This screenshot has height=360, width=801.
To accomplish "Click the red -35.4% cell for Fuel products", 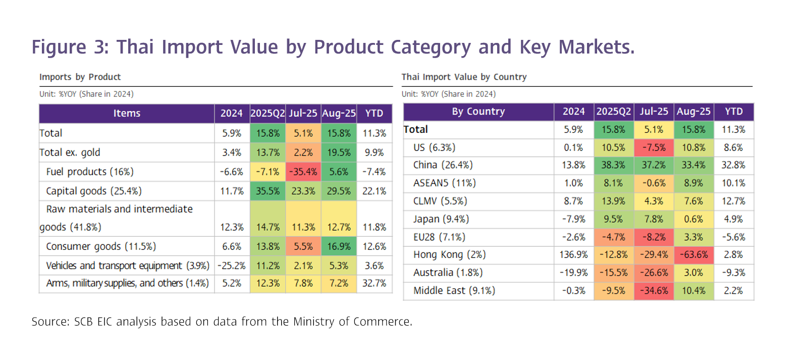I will pyautogui.click(x=303, y=172).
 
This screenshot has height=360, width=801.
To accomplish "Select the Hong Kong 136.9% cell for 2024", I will pyautogui.click(x=574, y=255).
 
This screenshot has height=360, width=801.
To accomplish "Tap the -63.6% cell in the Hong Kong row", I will pyautogui.click(x=693, y=255).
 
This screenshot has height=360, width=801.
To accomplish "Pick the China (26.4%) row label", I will pyautogui.click(x=443, y=165).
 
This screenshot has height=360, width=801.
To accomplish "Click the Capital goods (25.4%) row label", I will pyautogui.click(x=94, y=191).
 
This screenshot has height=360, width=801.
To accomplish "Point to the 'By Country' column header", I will pyautogui.click(x=478, y=112).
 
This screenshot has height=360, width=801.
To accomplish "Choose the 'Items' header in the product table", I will pyautogui.click(x=127, y=114).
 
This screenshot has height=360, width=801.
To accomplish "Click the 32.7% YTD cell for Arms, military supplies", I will pyautogui.click(x=374, y=284).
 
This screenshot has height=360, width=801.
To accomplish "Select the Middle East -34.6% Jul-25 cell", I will pyautogui.click(x=654, y=291).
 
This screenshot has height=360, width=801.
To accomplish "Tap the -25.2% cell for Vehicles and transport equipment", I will pyautogui.click(x=232, y=266).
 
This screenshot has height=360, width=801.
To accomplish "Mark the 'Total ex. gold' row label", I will pyautogui.click(x=70, y=152).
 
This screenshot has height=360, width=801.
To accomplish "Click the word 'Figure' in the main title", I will pyautogui.click(x=59, y=47).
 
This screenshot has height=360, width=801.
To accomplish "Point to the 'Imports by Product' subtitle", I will pyautogui.click(x=80, y=77).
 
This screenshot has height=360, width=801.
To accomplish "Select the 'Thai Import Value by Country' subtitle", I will pyautogui.click(x=464, y=77).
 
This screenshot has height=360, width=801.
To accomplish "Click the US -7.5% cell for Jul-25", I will pyautogui.click(x=654, y=148).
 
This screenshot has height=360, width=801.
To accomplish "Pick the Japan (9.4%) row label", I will pyautogui.click(x=441, y=219).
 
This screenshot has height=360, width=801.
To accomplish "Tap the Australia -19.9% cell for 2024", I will pyautogui.click(x=574, y=273).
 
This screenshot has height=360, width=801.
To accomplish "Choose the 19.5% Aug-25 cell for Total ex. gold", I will pyautogui.click(x=339, y=152).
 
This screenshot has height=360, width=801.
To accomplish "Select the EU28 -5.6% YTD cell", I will pyautogui.click(x=733, y=237).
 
